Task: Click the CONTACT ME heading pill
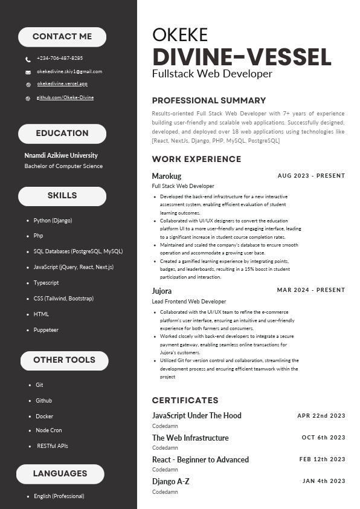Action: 62,37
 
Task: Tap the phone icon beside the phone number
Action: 28,59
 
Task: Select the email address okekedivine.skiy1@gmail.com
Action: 69,71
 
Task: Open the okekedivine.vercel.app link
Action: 62,84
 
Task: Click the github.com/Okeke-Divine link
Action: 65,97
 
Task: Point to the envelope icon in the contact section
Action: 28,72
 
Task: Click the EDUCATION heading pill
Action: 62,134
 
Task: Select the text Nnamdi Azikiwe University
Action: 61,155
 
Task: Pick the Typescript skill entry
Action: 47,283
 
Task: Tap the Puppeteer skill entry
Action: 46,330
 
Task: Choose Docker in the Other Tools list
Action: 44,417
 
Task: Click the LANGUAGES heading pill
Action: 60,473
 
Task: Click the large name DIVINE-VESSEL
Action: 242,57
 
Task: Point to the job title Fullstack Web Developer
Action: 212,74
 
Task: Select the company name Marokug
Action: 167,176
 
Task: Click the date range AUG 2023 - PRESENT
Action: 311,176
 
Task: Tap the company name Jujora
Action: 162,291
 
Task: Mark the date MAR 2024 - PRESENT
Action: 311,290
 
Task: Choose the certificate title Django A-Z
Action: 171,481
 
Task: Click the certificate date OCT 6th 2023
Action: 323,438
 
